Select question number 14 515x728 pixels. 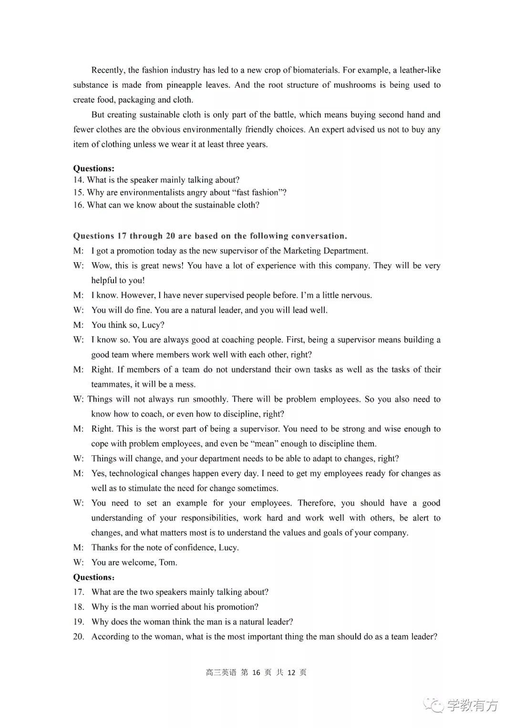[79, 180]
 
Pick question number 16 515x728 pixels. [79, 205]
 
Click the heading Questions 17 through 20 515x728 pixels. [210, 236]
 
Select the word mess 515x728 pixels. [185, 384]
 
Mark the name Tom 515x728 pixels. [167, 562]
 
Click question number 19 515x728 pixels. [79, 622]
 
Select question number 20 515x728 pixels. [79, 636]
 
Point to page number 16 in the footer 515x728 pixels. [256, 672]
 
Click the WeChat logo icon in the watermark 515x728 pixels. [435, 705]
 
